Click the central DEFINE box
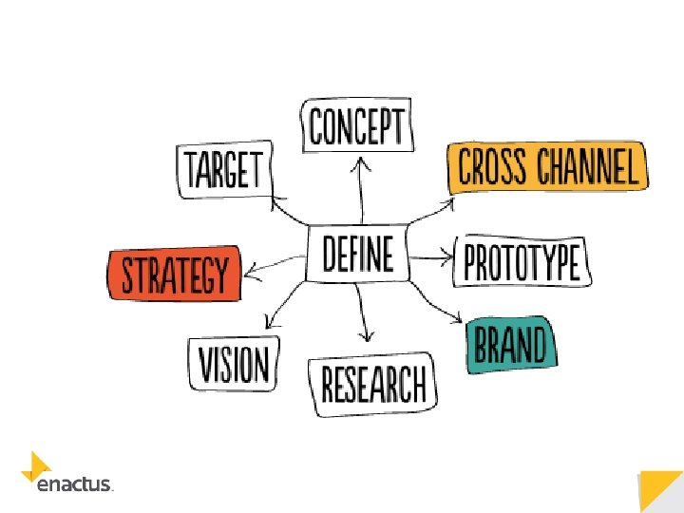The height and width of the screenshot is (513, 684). pyautogui.click(x=358, y=254)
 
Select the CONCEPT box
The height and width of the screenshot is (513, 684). pyautogui.click(x=358, y=126)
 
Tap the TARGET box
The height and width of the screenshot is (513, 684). pyautogui.click(x=224, y=171)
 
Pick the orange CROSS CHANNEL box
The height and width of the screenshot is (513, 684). pyautogui.click(x=548, y=167)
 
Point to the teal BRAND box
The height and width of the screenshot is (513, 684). pyautogui.click(x=511, y=345)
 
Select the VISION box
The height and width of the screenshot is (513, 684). pyautogui.click(x=234, y=362)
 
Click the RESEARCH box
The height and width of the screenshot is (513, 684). pyautogui.click(x=373, y=384)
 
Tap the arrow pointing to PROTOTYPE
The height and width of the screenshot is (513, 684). pyautogui.click(x=433, y=256)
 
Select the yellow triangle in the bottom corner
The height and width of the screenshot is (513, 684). pyautogui.click(x=662, y=490)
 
